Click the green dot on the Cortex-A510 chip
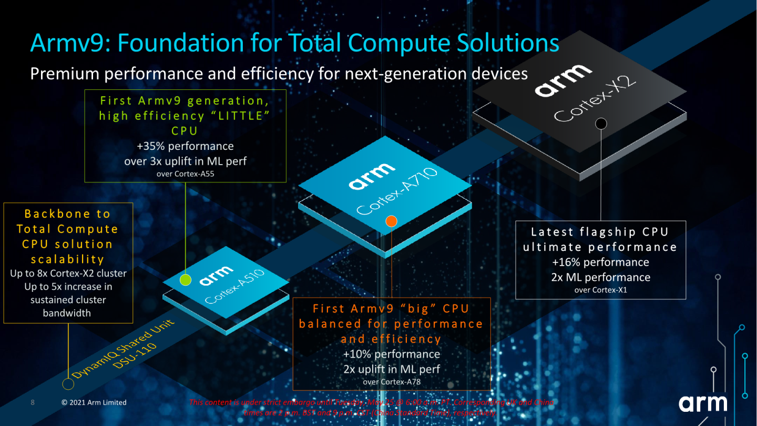pyautogui.click(x=185, y=280)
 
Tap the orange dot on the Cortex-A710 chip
pyautogui.click(x=391, y=221)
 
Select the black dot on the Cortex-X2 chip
pyautogui.click(x=601, y=124)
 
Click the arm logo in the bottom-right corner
pyautogui.click(x=702, y=403)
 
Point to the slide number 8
pyautogui.click(x=33, y=402)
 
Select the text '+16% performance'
pyautogui.click(x=600, y=262)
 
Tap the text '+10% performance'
pyautogui.click(x=391, y=354)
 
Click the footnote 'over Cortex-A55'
pyautogui.click(x=185, y=174)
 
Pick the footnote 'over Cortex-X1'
pyautogui.click(x=600, y=290)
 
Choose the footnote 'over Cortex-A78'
pyautogui.click(x=391, y=382)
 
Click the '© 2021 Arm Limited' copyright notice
pyautogui.click(x=94, y=402)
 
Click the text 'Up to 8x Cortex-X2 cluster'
pyautogui.click(x=68, y=273)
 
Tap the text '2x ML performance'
pyautogui.click(x=600, y=277)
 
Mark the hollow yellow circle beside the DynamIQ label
pyautogui.click(x=68, y=384)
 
